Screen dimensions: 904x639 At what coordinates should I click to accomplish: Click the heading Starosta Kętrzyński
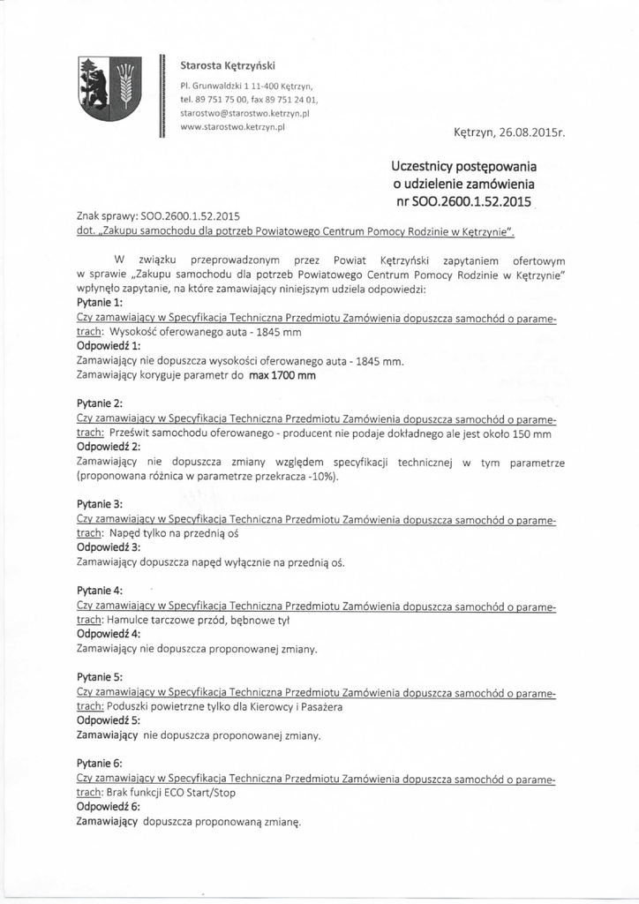[228, 66]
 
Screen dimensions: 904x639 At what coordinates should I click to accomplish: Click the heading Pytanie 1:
[100, 302]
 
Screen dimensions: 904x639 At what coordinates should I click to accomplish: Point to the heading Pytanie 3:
[100, 504]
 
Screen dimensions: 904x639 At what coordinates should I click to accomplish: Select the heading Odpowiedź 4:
[109, 634]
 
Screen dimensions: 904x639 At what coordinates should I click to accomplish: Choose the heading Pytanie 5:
[100, 677]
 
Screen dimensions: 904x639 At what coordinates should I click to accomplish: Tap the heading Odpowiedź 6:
[109, 807]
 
